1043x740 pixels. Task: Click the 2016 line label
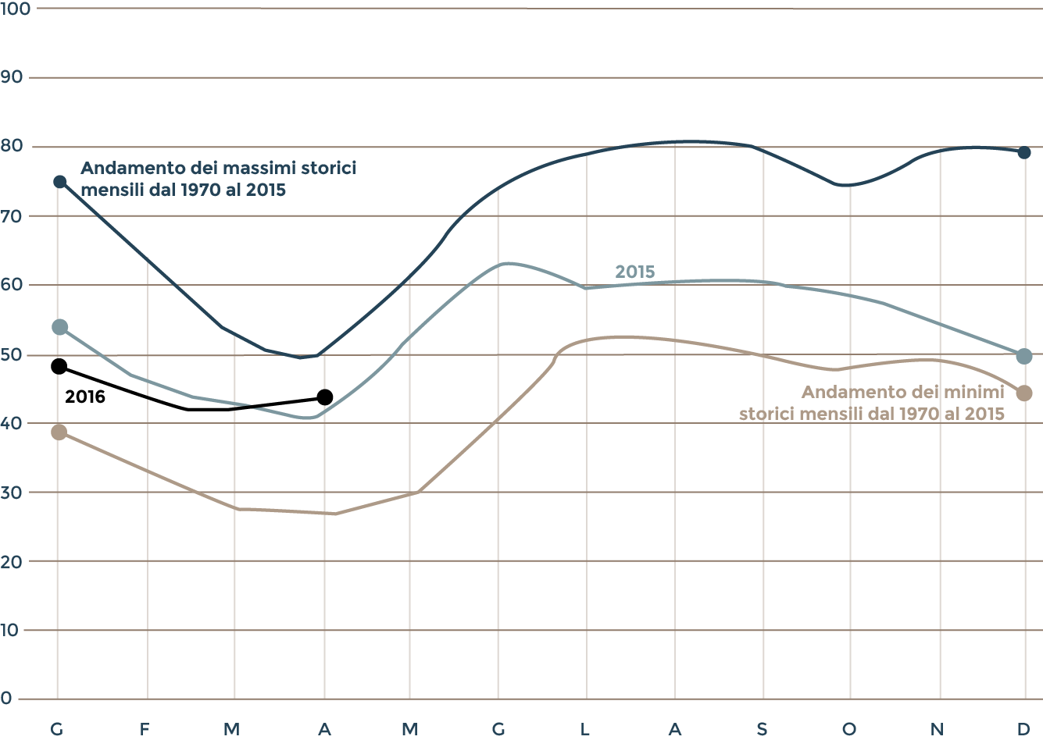pyautogui.click(x=85, y=397)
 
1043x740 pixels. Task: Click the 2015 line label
pyautogui.click(x=634, y=272)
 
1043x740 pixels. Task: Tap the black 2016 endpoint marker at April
pyautogui.click(x=325, y=397)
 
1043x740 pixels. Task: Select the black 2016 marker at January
pyautogui.click(x=59, y=366)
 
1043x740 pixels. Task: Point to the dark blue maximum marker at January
pyautogui.click(x=59, y=182)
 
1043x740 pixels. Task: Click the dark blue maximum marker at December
pyautogui.click(x=1024, y=152)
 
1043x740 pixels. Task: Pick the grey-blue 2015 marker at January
pyautogui.click(x=59, y=326)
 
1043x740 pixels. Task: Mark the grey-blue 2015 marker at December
pyautogui.click(x=1024, y=356)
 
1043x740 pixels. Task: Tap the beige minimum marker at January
pyautogui.click(x=59, y=432)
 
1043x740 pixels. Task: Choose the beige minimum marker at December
pyautogui.click(x=1024, y=393)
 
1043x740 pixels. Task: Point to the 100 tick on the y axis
pyautogui.click(x=15, y=9)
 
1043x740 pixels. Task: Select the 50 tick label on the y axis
pyautogui.click(x=12, y=354)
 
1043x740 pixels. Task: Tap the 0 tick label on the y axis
pyautogui.click(x=7, y=698)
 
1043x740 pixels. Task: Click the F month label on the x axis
pyautogui.click(x=145, y=729)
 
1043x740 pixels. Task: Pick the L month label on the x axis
pyautogui.click(x=584, y=729)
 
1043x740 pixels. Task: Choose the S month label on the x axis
pyautogui.click(x=762, y=729)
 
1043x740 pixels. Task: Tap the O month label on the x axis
pyautogui.click(x=848, y=729)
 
